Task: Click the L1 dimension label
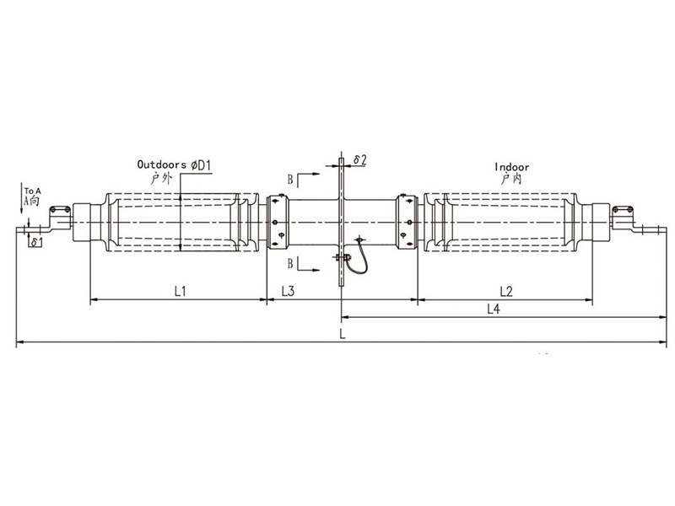(x=180, y=291)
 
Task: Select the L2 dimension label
(x=506, y=292)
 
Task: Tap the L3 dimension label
(x=288, y=291)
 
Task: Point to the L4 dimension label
(x=494, y=309)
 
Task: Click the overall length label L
(x=343, y=334)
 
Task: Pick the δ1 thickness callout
(x=36, y=242)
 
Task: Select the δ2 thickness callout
(x=360, y=160)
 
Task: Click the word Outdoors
(x=161, y=164)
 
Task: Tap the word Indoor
(x=512, y=167)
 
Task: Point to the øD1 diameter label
(x=202, y=164)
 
